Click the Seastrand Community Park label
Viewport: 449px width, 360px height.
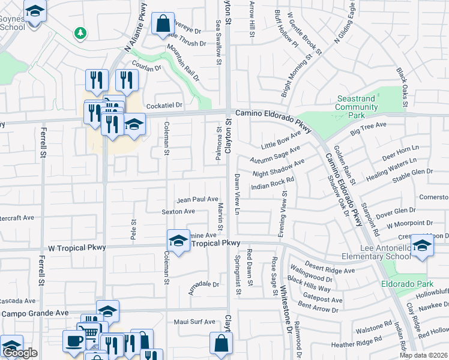[x=357, y=106]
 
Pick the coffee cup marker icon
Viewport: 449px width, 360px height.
[x=74, y=341]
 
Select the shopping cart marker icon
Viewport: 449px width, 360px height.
[x=89, y=332]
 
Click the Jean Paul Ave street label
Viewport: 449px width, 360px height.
[x=197, y=199]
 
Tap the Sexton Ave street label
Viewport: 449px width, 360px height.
[x=178, y=211]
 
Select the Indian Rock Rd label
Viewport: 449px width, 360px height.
[x=272, y=183]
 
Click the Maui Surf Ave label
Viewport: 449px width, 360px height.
[x=196, y=322]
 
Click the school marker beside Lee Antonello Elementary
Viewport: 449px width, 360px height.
[x=422, y=245]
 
